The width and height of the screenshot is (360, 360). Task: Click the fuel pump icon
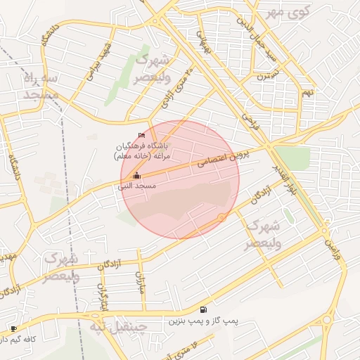click(203, 309)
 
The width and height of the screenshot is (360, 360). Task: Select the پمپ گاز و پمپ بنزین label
click(203, 321)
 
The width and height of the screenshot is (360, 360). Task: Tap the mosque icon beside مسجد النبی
click(136, 176)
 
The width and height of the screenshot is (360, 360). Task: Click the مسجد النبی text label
click(136, 186)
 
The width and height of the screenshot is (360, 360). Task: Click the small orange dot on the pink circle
click(221, 218)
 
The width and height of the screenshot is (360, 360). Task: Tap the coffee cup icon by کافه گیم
click(13, 328)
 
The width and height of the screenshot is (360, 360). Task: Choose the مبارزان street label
click(139, 284)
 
